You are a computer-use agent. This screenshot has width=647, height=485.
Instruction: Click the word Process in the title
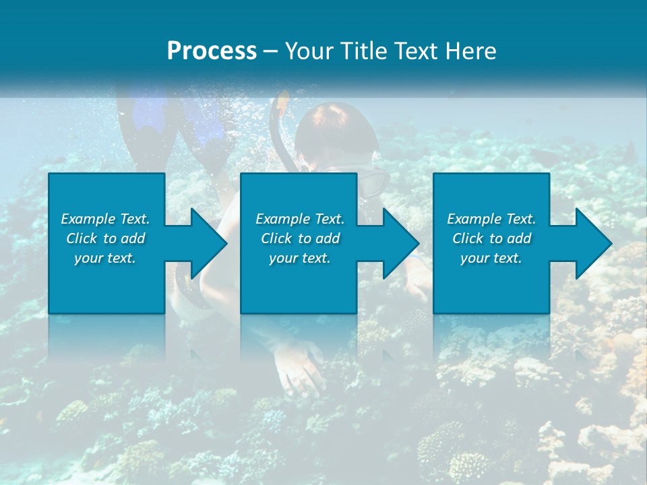pyautogui.click(x=212, y=51)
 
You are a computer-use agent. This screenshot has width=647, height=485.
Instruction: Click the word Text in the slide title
pyautogui.click(x=417, y=51)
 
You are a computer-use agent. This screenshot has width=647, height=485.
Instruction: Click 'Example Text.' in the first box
pyautogui.click(x=105, y=219)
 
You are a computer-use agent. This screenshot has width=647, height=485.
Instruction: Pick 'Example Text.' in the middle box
pyautogui.click(x=300, y=219)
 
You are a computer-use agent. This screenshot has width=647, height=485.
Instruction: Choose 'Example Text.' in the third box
pyautogui.click(x=491, y=219)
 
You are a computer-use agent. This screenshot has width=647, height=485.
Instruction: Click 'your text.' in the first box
pyautogui.click(x=105, y=258)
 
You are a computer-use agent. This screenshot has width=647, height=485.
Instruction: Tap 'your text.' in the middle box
pyautogui.click(x=300, y=258)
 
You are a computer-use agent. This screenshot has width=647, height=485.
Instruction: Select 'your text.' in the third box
pyautogui.click(x=491, y=258)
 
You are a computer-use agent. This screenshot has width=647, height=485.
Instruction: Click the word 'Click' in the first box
pyautogui.click(x=82, y=238)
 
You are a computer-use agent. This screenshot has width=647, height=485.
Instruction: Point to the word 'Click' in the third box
pyautogui.click(x=468, y=238)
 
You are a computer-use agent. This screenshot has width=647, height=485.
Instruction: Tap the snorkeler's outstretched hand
pyautogui.click(x=300, y=367)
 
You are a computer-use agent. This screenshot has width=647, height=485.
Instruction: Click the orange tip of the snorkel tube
pyautogui.click(x=282, y=102)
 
